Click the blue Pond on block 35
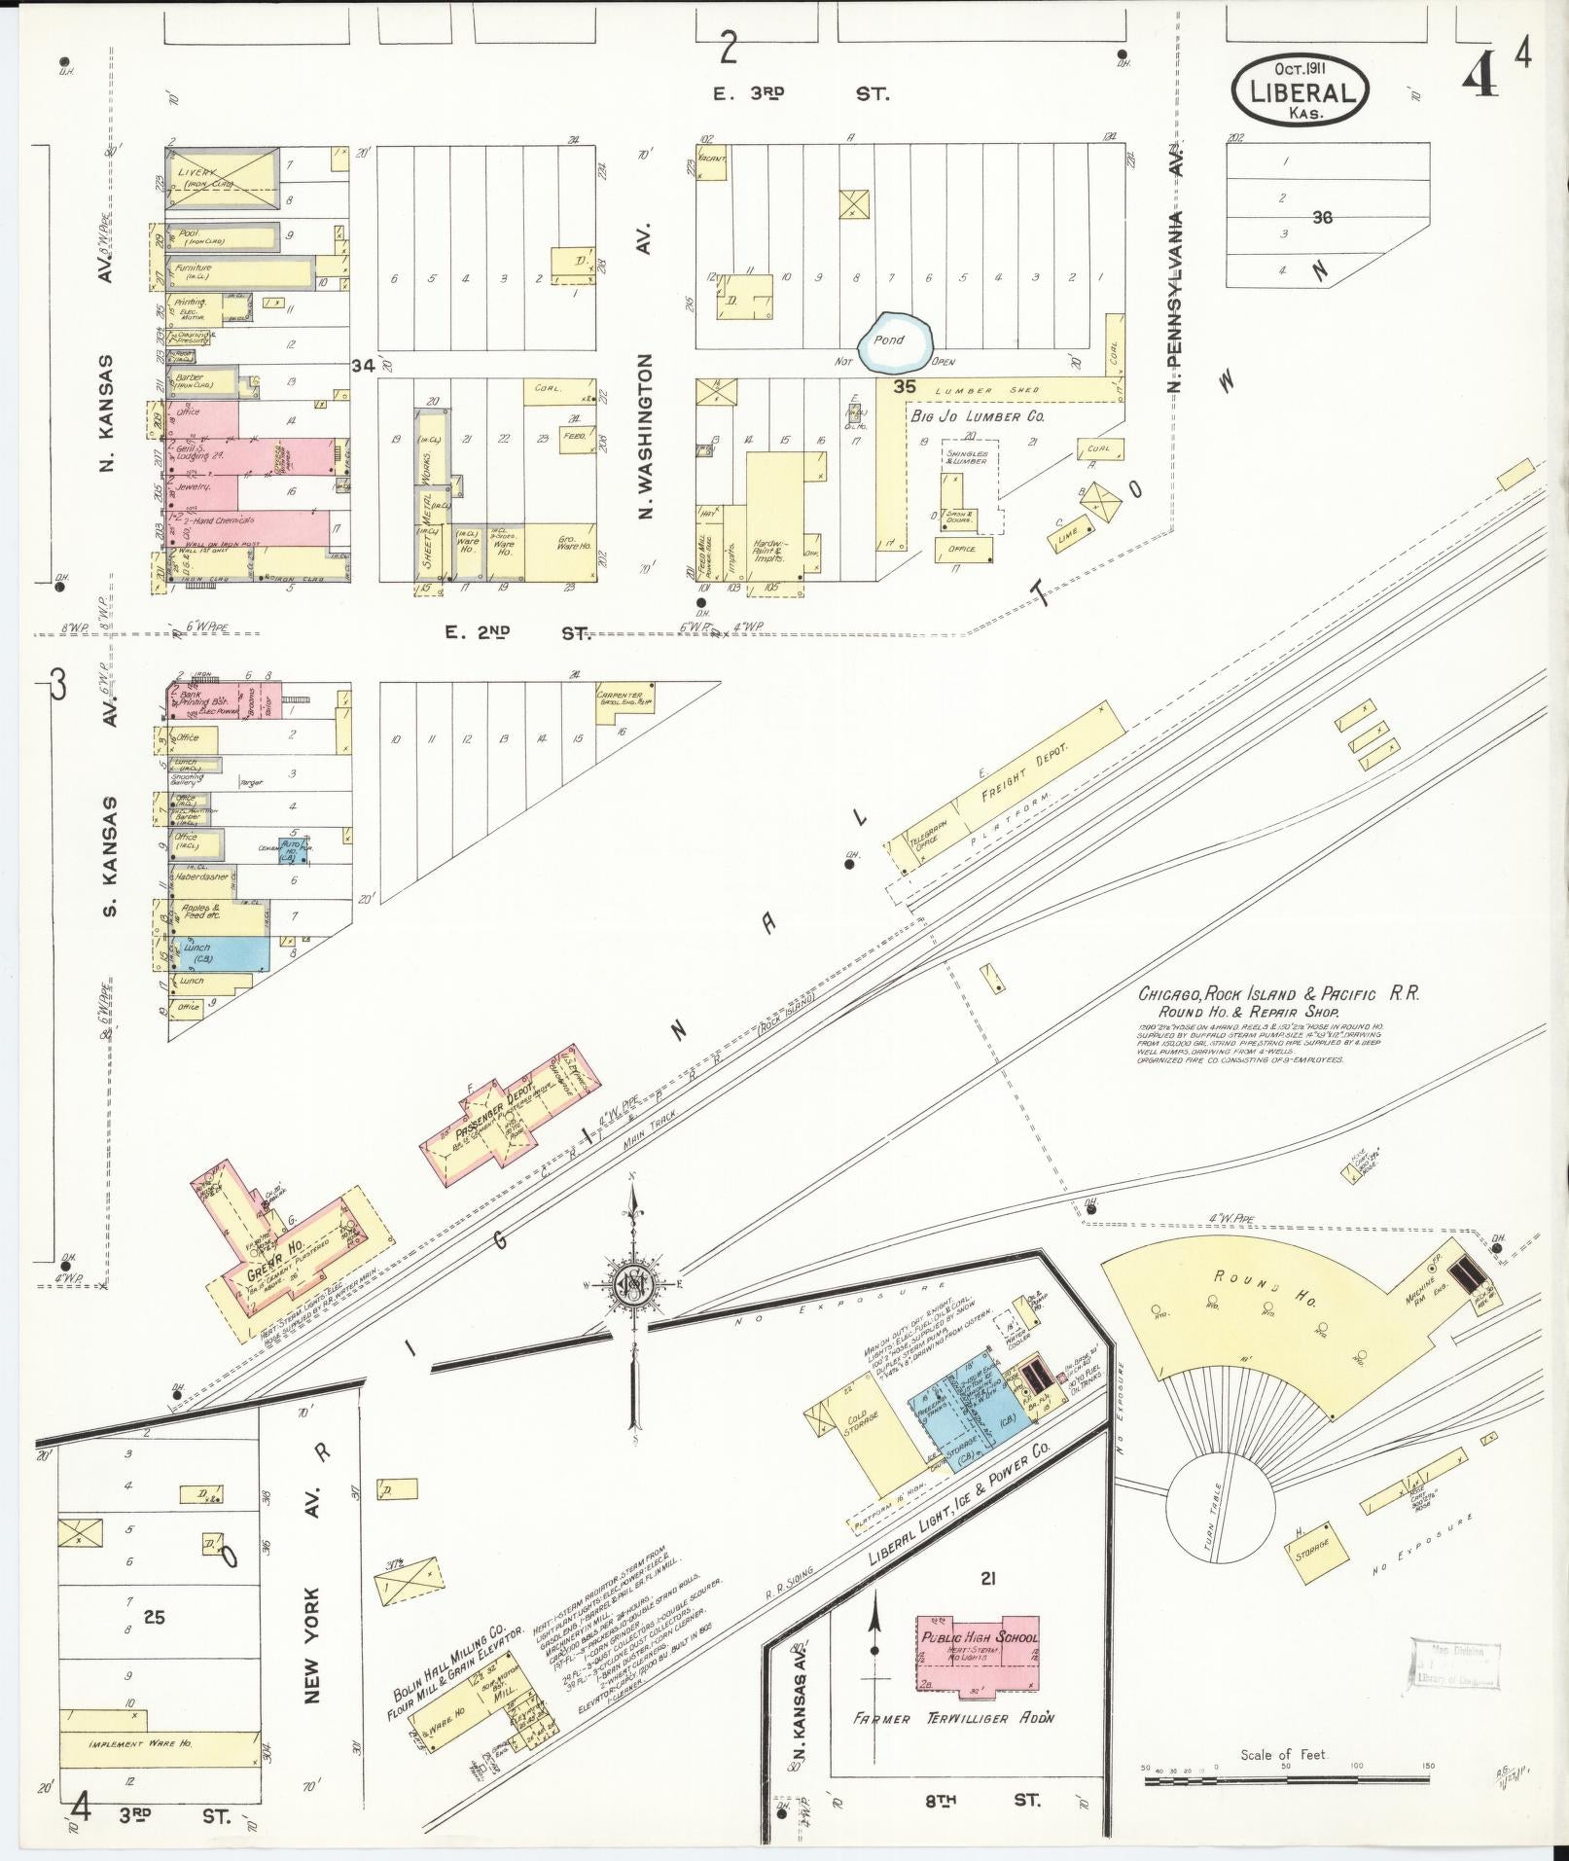895,341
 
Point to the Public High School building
978,1646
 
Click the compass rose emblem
631,1287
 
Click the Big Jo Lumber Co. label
977,416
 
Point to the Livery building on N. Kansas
225,177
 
